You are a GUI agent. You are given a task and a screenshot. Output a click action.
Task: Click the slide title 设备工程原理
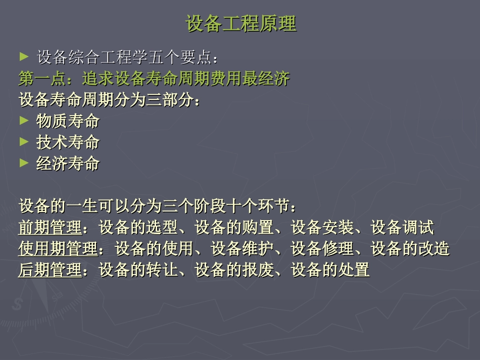[x=241, y=24]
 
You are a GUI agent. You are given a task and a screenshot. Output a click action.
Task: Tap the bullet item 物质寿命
[x=68, y=121]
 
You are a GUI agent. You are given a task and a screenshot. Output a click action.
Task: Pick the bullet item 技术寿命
[x=68, y=142]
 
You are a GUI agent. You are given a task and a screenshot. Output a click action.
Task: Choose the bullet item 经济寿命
[x=68, y=164]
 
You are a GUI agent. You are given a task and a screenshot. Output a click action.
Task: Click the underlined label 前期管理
[x=50, y=228]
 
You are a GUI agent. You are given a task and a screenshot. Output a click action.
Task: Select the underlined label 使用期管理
[x=58, y=249]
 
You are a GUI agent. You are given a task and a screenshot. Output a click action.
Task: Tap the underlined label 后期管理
[x=50, y=270]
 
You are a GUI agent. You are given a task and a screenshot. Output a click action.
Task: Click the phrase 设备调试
[x=402, y=228]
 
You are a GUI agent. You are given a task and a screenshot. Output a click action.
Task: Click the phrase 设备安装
[x=322, y=228]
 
